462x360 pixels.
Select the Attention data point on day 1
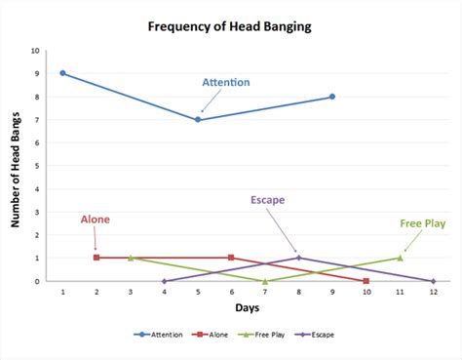(63, 73)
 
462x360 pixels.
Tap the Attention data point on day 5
(198, 120)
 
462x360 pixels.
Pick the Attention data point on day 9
(332, 97)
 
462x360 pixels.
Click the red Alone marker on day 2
(96, 258)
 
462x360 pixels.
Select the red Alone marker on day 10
(366, 281)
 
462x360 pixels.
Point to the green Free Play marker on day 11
(400, 258)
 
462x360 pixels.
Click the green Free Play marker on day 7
(265, 281)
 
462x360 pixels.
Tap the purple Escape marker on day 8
(298, 258)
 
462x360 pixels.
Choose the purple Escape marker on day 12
(433, 281)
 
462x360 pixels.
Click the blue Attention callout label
(225, 83)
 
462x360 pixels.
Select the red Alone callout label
(95, 220)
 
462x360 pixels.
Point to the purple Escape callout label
(267, 200)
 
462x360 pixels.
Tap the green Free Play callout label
(422, 223)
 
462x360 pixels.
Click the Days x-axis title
(248, 308)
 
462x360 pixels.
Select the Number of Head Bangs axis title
(17, 166)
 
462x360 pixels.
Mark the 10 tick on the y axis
(36, 51)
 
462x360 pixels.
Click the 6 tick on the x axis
(231, 293)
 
